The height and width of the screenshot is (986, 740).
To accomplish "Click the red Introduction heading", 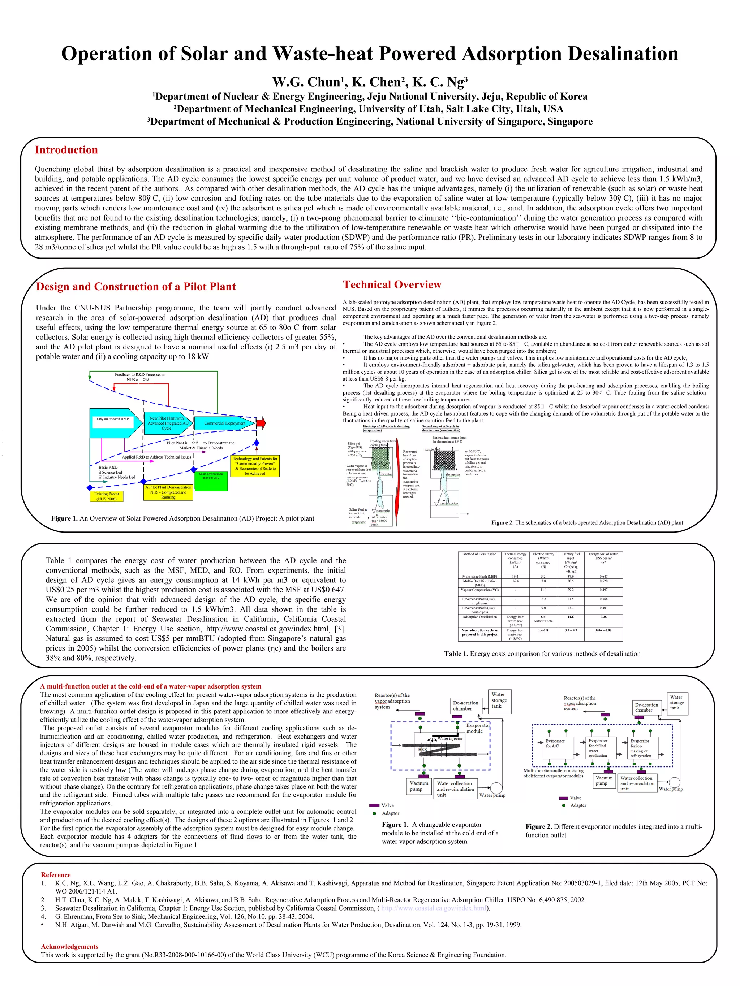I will pos(66,150).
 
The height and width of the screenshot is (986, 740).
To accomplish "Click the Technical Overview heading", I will pos(392,285).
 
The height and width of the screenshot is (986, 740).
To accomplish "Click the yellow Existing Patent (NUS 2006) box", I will pos(106,496).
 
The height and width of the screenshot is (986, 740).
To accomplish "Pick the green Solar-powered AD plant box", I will pos(211,481).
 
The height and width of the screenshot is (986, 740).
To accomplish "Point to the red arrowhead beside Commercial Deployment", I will pos(261,423).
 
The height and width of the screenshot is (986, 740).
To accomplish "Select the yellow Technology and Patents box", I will pos(255,466).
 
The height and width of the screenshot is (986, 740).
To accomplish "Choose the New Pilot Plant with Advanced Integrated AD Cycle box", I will pos(166,423).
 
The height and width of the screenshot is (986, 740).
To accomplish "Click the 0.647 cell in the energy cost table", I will pos(603,576).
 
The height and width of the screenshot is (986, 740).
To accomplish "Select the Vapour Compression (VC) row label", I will pos(479,590).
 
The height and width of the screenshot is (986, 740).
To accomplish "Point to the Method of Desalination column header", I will pos(479,554).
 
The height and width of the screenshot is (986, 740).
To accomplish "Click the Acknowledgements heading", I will pos(70,946).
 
